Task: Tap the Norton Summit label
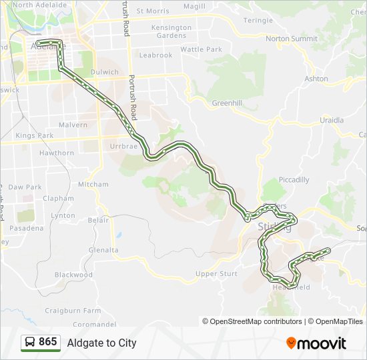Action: (291, 39)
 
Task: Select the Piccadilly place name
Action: (294, 179)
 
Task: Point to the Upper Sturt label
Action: (216, 273)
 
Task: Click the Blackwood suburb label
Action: (73, 275)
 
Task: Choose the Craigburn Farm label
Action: (73, 311)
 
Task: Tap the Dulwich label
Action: (105, 72)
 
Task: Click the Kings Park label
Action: (34, 135)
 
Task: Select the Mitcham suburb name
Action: (93, 184)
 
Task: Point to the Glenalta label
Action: (103, 250)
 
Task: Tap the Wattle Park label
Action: (201, 49)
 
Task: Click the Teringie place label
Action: (258, 21)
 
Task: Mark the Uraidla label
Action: (332, 120)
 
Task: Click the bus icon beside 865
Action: (30, 343)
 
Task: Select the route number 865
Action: (48, 342)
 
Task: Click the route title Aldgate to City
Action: (101, 343)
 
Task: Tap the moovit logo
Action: (316, 343)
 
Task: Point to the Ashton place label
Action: (316, 79)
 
